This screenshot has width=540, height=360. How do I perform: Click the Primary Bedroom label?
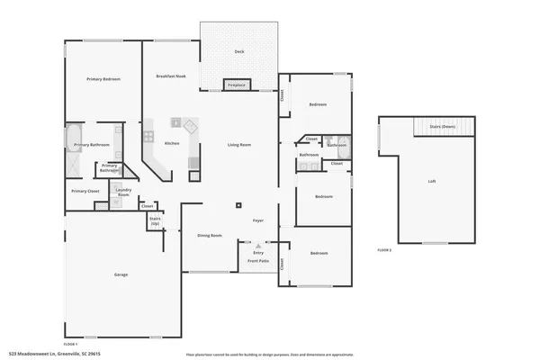coord(103,79)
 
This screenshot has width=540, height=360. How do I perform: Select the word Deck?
coord(239,52)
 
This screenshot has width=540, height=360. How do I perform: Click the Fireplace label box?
coord(237,85)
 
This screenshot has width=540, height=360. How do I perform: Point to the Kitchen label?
coord(172,144)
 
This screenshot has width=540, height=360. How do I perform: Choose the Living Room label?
coord(238,145)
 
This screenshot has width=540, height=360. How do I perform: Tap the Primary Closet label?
coord(85,191)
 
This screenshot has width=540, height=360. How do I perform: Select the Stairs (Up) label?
coord(155,220)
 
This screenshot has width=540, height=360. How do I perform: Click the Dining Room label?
coord(210,235)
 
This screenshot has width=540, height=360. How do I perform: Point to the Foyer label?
coord(257,220)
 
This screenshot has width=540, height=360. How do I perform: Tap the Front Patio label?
coord(258,262)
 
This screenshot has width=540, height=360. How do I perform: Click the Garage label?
coord(120,274)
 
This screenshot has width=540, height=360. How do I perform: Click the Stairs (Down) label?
coord(443,128)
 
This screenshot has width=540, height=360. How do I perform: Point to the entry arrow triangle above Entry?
coord(258,245)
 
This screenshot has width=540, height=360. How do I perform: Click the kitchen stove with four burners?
coord(148,138)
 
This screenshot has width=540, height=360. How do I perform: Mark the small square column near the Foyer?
coord(239,205)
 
